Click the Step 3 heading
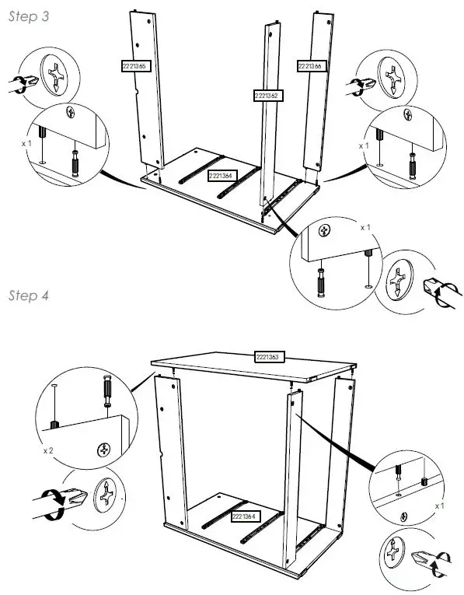point(28,17)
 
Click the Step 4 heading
point(29,296)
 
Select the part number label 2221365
point(134,66)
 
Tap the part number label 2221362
point(266,96)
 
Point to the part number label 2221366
point(309,67)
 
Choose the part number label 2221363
point(269,357)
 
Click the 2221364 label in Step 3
point(222,177)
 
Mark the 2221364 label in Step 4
point(246,515)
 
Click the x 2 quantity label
point(47,450)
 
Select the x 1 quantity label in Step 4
point(440,505)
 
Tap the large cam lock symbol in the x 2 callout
point(106,495)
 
